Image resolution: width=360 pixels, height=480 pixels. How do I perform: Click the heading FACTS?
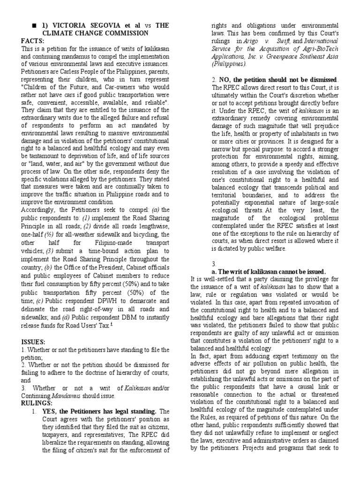coord(33,41)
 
